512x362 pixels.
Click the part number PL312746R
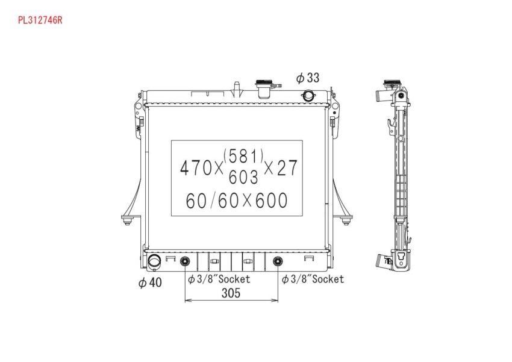40,20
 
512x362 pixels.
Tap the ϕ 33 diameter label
308,78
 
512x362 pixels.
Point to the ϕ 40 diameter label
150,282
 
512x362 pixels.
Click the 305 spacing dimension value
231,293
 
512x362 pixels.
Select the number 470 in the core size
196,167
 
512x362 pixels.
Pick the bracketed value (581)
243,156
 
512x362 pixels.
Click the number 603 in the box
243,177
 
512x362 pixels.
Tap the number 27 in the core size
287,167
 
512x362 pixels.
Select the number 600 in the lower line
271,201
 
